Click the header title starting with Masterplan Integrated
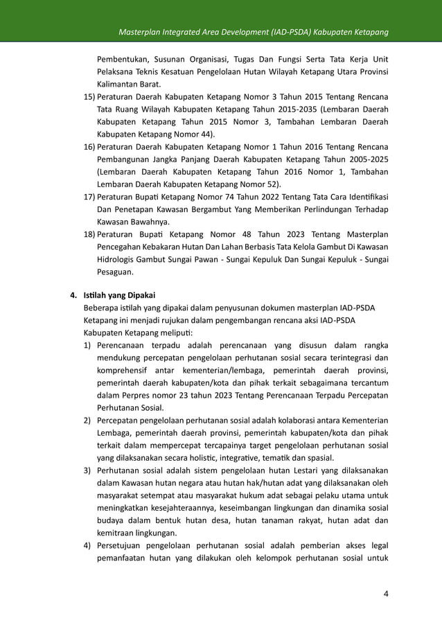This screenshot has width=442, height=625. pos(252,33)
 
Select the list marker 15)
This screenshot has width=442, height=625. pos(89,96)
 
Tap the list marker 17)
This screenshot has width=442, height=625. pos(89,197)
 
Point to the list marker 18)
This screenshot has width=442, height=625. pos(89,235)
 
